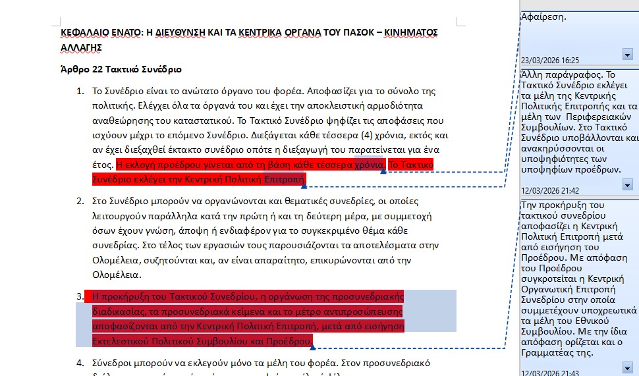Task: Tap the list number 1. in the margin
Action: (x=81, y=91)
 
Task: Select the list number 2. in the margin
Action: (x=81, y=201)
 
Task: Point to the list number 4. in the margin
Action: (x=81, y=362)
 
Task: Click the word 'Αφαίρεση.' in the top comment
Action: (x=543, y=17)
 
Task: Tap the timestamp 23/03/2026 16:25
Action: (x=550, y=60)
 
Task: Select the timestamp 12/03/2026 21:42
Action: (x=550, y=190)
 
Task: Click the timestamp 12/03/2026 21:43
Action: (x=550, y=373)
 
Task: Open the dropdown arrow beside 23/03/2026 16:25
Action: (x=627, y=54)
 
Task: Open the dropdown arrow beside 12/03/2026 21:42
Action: (x=627, y=185)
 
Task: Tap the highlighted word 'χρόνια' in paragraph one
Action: (x=369, y=165)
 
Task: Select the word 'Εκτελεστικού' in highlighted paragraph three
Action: (x=121, y=341)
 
